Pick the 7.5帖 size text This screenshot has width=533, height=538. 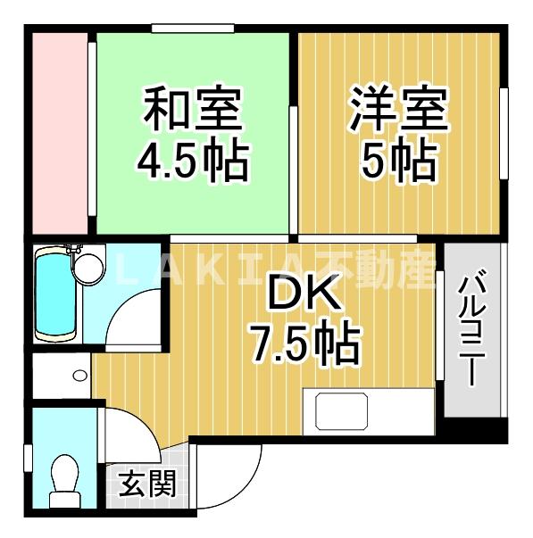point(304,343)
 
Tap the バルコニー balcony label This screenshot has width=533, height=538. point(472,330)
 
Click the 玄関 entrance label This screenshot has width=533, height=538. point(146,485)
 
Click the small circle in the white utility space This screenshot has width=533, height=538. point(80,374)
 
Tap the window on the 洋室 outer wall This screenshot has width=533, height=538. point(504,134)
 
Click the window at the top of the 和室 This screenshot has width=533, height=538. point(192,29)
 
